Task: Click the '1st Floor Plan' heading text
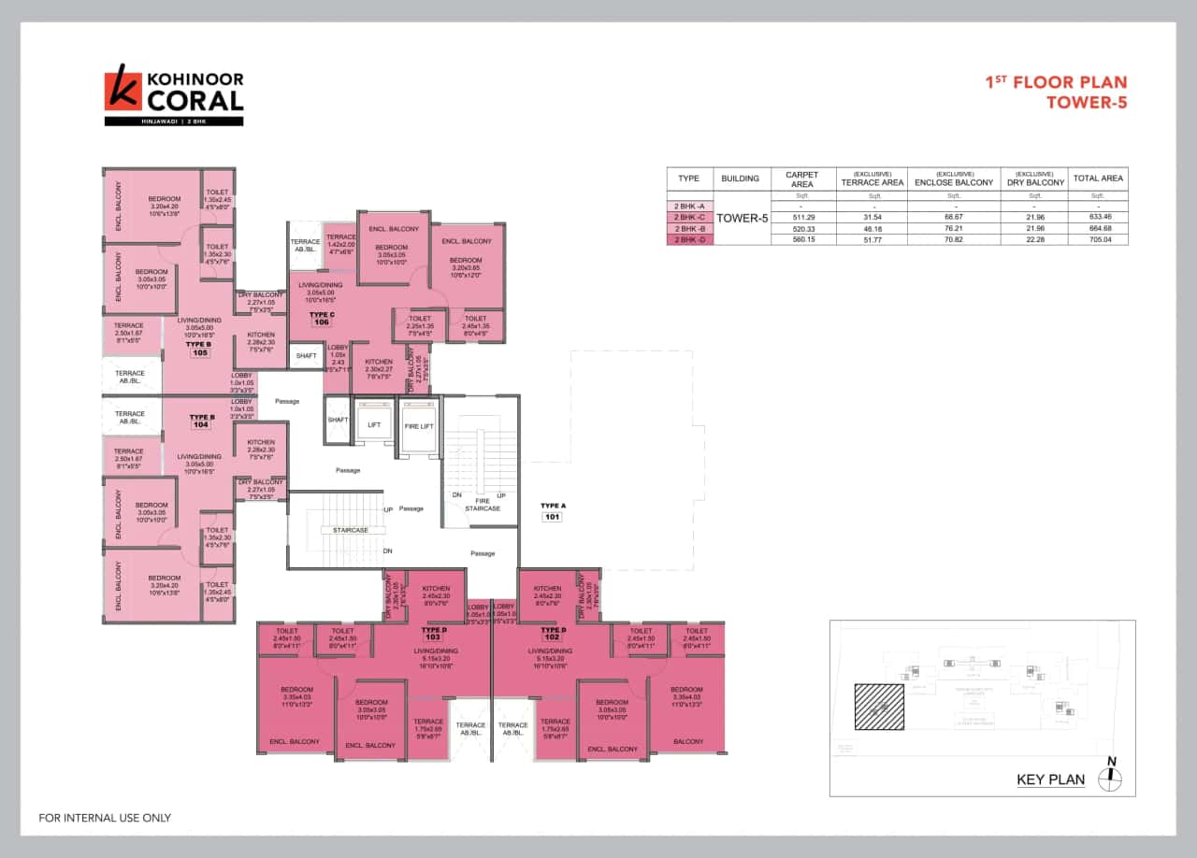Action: point(1056,83)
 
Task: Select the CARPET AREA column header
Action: point(801,179)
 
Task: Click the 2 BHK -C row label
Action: point(688,217)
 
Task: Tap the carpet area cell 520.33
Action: point(801,228)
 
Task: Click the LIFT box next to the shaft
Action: point(374,424)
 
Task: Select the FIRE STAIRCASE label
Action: point(483,505)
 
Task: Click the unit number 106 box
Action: point(323,322)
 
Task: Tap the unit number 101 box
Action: point(552,515)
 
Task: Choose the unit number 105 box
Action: point(199,353)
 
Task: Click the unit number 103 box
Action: point(431,637)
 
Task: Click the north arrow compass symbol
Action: point(1112,778)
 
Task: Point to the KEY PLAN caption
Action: point(1050,779)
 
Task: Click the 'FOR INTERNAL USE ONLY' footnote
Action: point(105,818)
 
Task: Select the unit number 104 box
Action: point(199,424)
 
